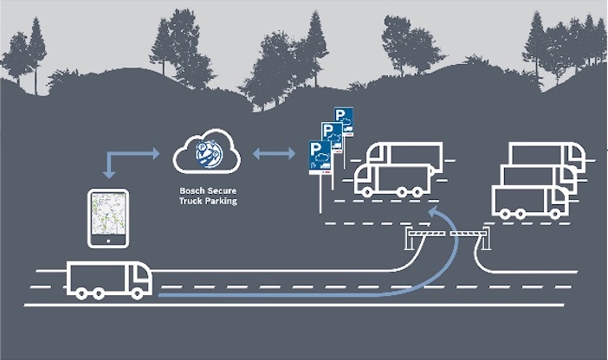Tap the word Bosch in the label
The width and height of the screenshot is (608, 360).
pyautogui.click(x=189, y=190)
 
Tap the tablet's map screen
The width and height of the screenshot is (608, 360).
pyautogui.click(x=108, y=214)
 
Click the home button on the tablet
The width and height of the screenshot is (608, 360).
pyautogui.click(x=108, y=241)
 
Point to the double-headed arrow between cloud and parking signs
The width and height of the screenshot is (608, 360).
pyautogui.click(x=274, y=154)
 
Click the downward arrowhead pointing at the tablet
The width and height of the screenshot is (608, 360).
pyautogui.click(x=109, y=174)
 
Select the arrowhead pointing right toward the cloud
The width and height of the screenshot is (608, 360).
pyautogui.click(x=156, y=153)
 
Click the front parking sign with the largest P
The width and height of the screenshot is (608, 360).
pyautogui.click(x=320, y=157)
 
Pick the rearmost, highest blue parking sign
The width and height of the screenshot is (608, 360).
pyautogui.click(x=345, y=121)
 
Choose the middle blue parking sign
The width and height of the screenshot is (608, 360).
pyautogui.click(x=333, y=137)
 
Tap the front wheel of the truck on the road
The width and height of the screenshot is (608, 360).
pyautogui.click(x=137, y=293)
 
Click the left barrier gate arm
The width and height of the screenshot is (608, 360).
pyautogui.click(x=425, y=234)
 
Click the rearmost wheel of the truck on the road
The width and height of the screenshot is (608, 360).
pyautogui.click(x=81, y=293)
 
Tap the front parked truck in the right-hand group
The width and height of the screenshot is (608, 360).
pyautogui.click(x=530, y=201)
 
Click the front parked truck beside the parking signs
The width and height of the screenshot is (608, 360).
pyautogui.click(x=393, y=180)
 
